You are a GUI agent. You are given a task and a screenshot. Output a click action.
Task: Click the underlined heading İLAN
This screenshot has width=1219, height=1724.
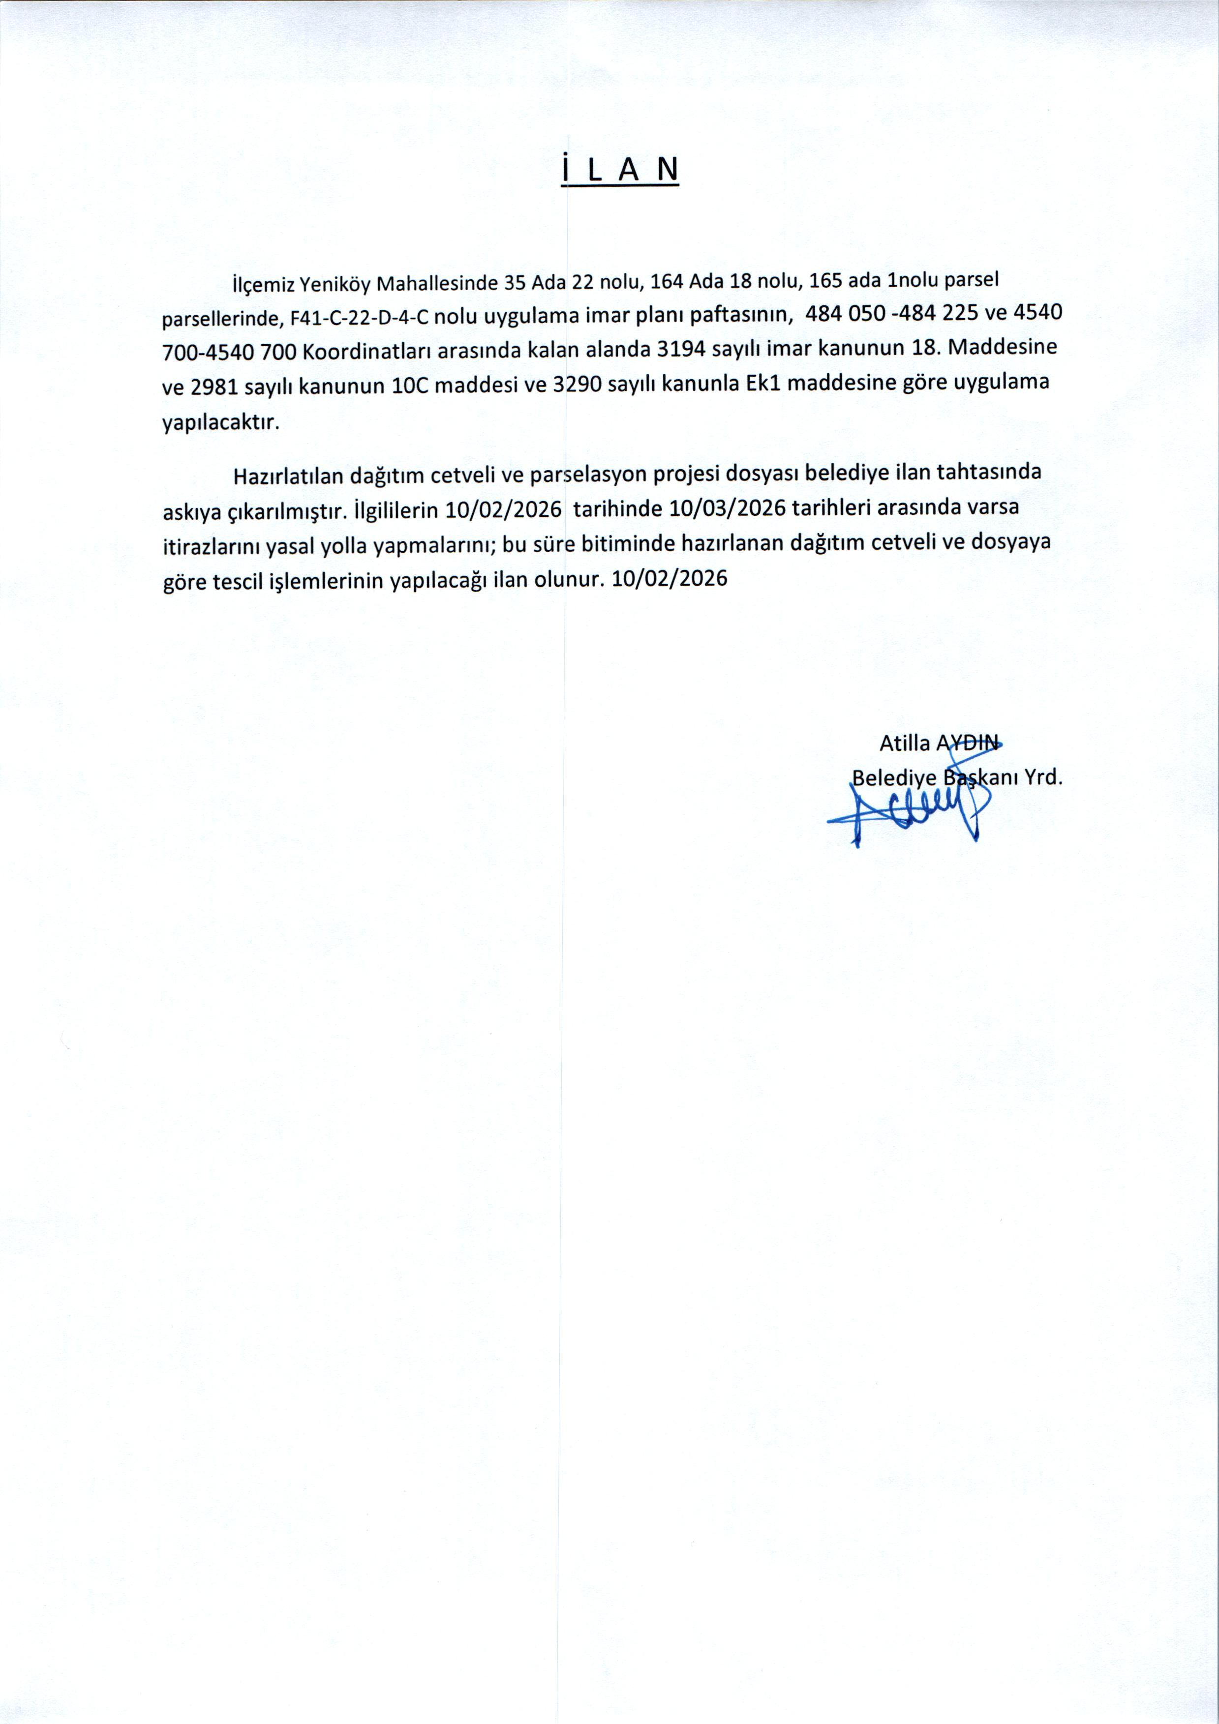(x=620, y=171)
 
